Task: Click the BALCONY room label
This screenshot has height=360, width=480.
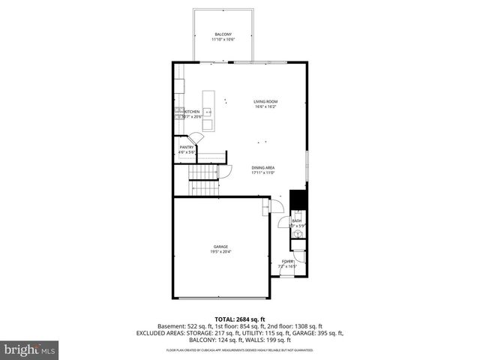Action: [223, 34]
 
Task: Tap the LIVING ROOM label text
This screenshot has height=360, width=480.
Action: [265, 101]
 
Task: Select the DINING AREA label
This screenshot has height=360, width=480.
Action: [263, 167]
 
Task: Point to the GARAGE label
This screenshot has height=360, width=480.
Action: [220, 247]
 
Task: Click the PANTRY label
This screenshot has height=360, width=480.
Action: [187, 147]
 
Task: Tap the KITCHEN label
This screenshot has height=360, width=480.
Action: [192, 112]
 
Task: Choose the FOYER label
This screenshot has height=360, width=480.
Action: [288, 261]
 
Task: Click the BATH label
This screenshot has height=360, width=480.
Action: [296, 220]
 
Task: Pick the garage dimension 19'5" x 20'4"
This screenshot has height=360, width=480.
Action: [220, 252]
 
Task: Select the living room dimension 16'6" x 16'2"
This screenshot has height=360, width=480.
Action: [265, 106]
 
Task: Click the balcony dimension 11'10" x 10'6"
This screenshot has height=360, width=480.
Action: [223, 40]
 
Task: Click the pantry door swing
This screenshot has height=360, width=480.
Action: [196, 139]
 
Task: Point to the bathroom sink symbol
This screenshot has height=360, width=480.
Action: [298, 235]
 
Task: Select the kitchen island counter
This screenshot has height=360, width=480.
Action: [208, 111]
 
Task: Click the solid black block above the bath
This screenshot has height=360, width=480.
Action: [298, 201]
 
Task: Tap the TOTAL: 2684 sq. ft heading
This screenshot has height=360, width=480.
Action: [239, 319]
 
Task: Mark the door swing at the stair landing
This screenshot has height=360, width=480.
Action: [223, 174]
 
